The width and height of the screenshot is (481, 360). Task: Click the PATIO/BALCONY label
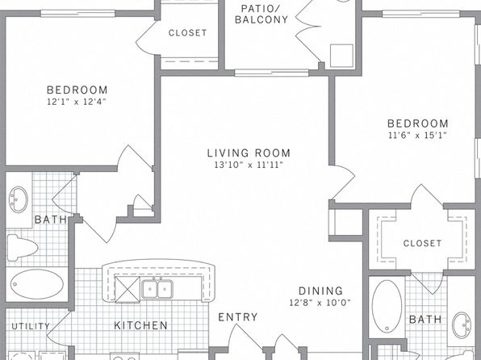click(x=261, y=14)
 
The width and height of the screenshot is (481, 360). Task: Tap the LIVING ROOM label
click(x=249, y=153)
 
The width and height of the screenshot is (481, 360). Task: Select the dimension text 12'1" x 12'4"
click(x=77, y=102)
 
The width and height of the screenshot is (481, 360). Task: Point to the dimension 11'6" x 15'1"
click(x=417, y=135)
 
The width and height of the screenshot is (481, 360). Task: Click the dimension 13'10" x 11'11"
click(x=249, y=165)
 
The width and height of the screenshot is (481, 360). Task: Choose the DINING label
click(x=320, y=291)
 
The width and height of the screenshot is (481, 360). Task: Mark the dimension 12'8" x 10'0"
click(x=320, y=303)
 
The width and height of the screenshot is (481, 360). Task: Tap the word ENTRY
click(x=238, y=317)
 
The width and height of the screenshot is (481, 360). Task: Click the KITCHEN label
click(x=140, y=325)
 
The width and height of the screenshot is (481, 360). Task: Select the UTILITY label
click(x=31, y=326)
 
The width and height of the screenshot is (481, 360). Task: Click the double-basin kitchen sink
click(x=157, y=288)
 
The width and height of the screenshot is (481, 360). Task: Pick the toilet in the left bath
click(x=22, y=247)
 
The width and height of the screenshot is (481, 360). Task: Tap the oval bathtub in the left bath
click(x=37, y=284)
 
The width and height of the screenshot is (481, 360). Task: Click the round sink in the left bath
click(x=18, y=199)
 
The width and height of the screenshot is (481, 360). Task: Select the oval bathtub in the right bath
click(x=387, y=306)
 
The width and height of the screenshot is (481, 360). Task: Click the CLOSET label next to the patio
click(x=188, y=33)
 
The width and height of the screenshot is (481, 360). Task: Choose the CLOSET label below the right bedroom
click(x=422, y=244)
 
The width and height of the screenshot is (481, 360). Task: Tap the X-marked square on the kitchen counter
click(x=128, y=290)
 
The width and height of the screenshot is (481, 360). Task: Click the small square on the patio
click(x=341, y=56)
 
